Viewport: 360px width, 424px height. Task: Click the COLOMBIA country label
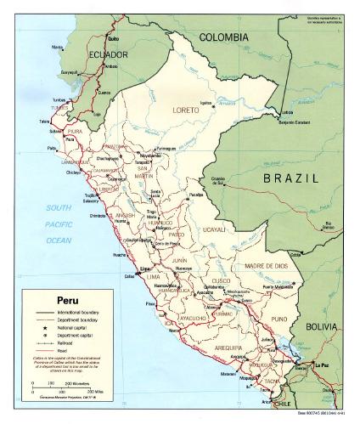[223, 37]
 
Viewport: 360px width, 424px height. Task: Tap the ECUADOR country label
[107, 55]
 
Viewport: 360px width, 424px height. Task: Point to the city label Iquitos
[205, 104]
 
